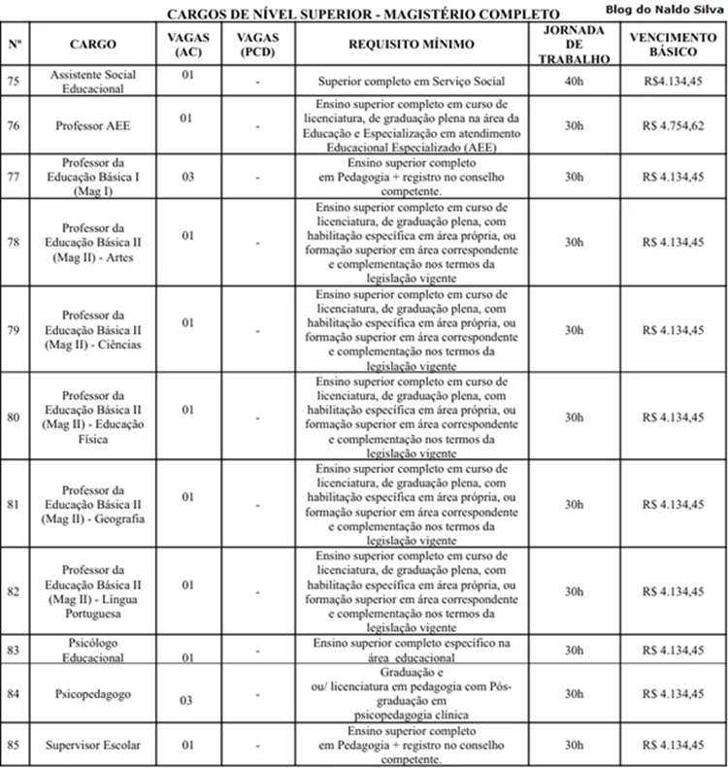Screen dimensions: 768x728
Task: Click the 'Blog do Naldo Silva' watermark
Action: [x=665, y=9]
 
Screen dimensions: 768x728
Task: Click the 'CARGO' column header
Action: [x=92, y=45]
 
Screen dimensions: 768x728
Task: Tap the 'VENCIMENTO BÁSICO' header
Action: [x=673, y=45]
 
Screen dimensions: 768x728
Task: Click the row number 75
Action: [x=13, y=82]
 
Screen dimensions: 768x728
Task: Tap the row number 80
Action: [x=13, y=417]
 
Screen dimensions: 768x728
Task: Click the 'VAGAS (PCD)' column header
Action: [x=258, y=45]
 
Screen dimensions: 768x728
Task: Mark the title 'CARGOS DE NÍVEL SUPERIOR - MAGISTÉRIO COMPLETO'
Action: [x=363, y=14]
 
